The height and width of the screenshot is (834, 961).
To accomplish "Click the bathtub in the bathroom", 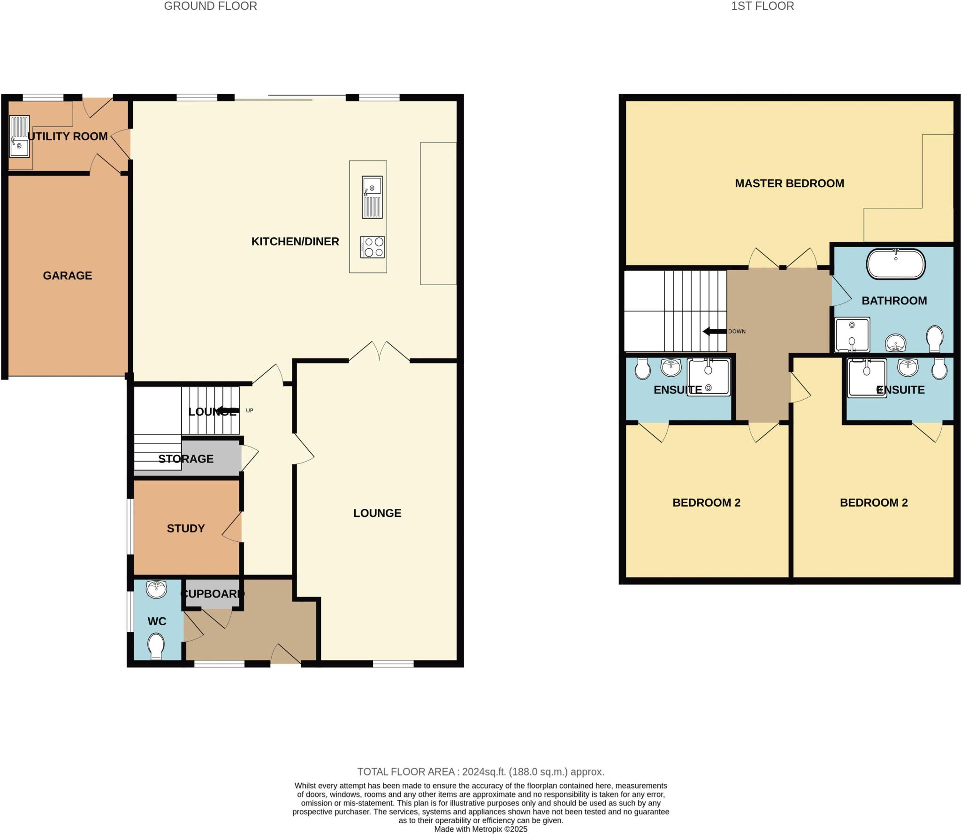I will pyautogui.click(x=895, y=264).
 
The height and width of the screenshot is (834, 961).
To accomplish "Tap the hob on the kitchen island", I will pyautogui.click(x=373, y=247).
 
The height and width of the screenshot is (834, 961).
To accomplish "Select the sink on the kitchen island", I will pyautogui.click(x=372, y=197).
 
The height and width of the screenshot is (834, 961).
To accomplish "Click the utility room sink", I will pyautogui.click(x=19, y=136).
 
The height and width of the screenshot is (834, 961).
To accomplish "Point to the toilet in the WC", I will pyautogui.click(x=156, y=646).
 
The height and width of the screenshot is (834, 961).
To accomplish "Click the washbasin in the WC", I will pyautogui.click(x=156, y=589).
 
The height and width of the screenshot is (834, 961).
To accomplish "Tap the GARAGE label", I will pyautogui.click(x=68, y=275).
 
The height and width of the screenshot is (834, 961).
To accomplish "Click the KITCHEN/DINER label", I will pyautogui.click(x=295, y=242).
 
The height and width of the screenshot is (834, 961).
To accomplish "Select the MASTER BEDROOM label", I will pyautogui.click(x=789, y=183).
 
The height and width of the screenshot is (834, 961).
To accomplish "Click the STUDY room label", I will pyautogui.click(x=186, y=529).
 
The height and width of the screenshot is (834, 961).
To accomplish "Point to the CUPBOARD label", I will pyautogui.click(x=213, y=594).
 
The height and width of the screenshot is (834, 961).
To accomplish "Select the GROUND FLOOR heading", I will pyautogui.click(x=210, y=6).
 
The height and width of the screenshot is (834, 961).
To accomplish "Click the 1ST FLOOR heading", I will pyautogui.click(x=763, y=6).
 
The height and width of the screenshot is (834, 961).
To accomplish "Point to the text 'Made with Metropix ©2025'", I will pyautogui.click(x=480, y=829).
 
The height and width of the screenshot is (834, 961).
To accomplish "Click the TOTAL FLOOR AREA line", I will pyautogui.click(x=480, y=772).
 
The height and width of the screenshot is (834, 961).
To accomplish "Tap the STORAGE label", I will pyautogui.click(x=186, y=459).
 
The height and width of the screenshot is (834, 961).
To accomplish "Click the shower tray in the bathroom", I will pyautogui.click(x=852, y=335).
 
